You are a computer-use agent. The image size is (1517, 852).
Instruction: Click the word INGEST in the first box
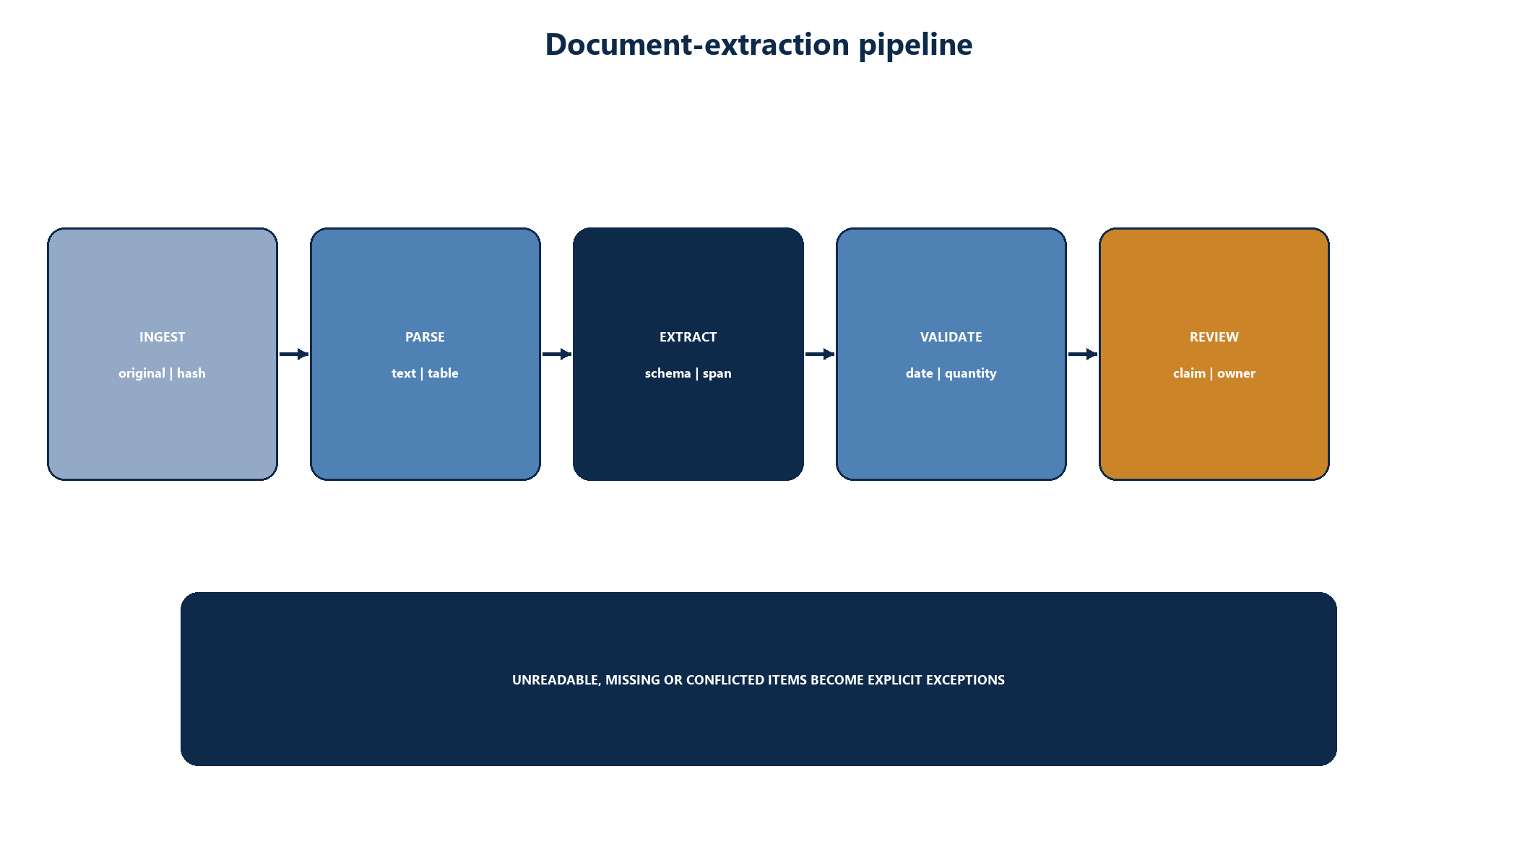[x=163, y=337]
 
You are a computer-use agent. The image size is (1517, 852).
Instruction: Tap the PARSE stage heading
[x=425, y=337]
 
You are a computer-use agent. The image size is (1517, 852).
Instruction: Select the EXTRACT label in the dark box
[x=688, y=337]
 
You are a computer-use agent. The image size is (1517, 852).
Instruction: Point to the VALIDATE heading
[x=951, y=337]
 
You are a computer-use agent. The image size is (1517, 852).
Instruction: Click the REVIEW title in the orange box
[x=1214, y=337]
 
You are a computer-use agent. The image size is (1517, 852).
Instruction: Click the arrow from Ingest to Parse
[x=294, y=354]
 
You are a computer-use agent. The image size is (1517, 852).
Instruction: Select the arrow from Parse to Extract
[x=557, y=354]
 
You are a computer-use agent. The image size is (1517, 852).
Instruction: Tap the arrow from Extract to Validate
[x=820, y=354]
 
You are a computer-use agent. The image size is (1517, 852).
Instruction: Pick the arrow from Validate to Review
[x=1083, y=354]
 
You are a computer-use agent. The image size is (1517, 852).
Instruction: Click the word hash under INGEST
[x=191, y=373]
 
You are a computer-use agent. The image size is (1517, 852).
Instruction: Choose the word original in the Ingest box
[x=142, y=374]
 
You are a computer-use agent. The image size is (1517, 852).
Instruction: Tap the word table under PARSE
[x=443, y=373]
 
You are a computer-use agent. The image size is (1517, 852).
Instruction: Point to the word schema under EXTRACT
[x=667, y=373]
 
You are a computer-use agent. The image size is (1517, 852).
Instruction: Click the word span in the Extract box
[x=717, y=374]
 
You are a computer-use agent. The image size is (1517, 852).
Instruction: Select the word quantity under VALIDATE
[x=970, y=374]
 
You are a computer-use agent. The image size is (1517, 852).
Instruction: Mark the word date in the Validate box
[x=920, y=373]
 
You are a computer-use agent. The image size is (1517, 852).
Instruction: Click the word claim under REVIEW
[x=1189, y=373]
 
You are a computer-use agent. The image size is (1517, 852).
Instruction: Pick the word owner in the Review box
[x=1236, y=374]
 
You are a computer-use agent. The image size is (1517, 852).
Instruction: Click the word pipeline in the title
[x=915, y=45]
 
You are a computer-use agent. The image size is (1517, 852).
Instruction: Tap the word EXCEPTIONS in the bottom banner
[x=965, y=680]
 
